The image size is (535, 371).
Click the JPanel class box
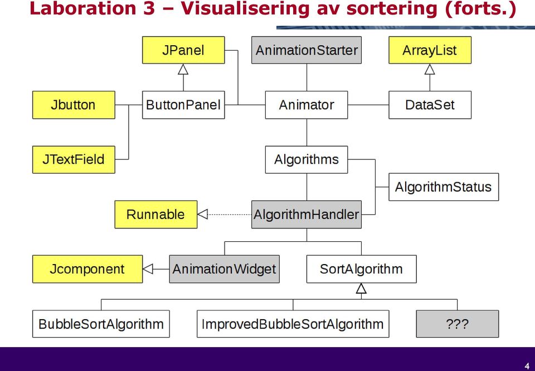(x=183, y=50)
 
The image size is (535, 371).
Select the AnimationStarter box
(x=307, y=50)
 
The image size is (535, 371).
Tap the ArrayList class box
(x=430, y=50)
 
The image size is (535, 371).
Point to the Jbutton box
(x=74, y=105)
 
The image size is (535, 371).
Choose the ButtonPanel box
(x=183, y=105)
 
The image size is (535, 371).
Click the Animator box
(x=307, y=105)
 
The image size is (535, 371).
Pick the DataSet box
(x=430, y=105)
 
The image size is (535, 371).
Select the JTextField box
(x=74, y=159)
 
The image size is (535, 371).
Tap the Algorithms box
(x=307, y=159)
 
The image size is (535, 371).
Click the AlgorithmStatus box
(x=444, y=187)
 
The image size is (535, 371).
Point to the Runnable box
(x=156, y=214)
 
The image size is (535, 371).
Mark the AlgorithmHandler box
(x=307, y=214)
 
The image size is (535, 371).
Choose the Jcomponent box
(x=87, y=269)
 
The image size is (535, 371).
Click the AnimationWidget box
(x=225, y=269)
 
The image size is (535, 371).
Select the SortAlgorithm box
(x=361, y=269)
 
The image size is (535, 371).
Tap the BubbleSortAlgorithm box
(x=101, y=324)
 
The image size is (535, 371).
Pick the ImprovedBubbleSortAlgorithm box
(x=293, y=324)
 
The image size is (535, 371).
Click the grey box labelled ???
(x=457, y=324)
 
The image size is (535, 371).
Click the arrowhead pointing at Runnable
(x=202, y=214)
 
